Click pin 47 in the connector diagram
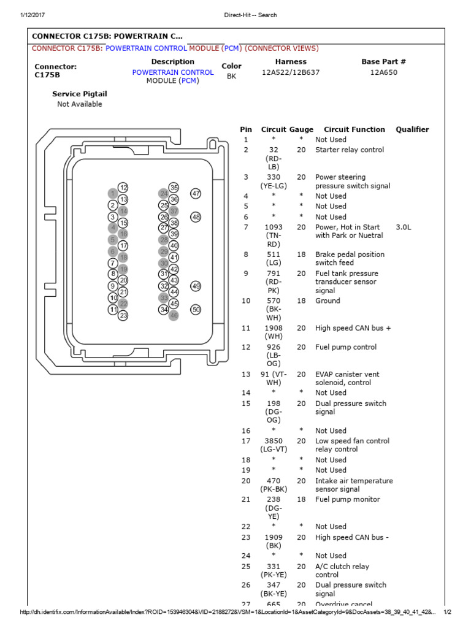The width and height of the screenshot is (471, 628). pos(196,193)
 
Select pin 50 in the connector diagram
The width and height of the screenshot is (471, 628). pos(196,310)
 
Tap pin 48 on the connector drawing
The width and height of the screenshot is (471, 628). pos(196,217)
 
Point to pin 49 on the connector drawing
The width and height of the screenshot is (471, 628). pos(196,286)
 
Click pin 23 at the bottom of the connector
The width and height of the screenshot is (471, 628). pos(123,315)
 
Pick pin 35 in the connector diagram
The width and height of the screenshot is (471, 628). pos(174,188)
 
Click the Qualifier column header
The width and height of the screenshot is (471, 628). pos(412,129)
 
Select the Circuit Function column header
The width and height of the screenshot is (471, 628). pos(354,129)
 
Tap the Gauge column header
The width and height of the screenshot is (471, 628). pos(301,129)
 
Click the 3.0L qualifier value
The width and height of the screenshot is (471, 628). pos(404,227)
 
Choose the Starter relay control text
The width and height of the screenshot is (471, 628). pos(350,150)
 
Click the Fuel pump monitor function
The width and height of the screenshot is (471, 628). pos(347,499)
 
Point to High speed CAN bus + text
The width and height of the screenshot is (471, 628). pos(353,328)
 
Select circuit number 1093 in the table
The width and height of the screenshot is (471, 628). pos(274,227)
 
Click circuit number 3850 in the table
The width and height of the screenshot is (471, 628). pos(274,441)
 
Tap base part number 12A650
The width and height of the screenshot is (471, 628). pos(383,72)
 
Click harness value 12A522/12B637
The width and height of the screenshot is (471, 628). pos(291,72)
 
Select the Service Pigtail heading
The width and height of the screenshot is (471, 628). pos(80,94)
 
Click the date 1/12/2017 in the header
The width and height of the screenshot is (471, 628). pos(33,15)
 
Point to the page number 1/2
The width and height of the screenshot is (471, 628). pos(447,613)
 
